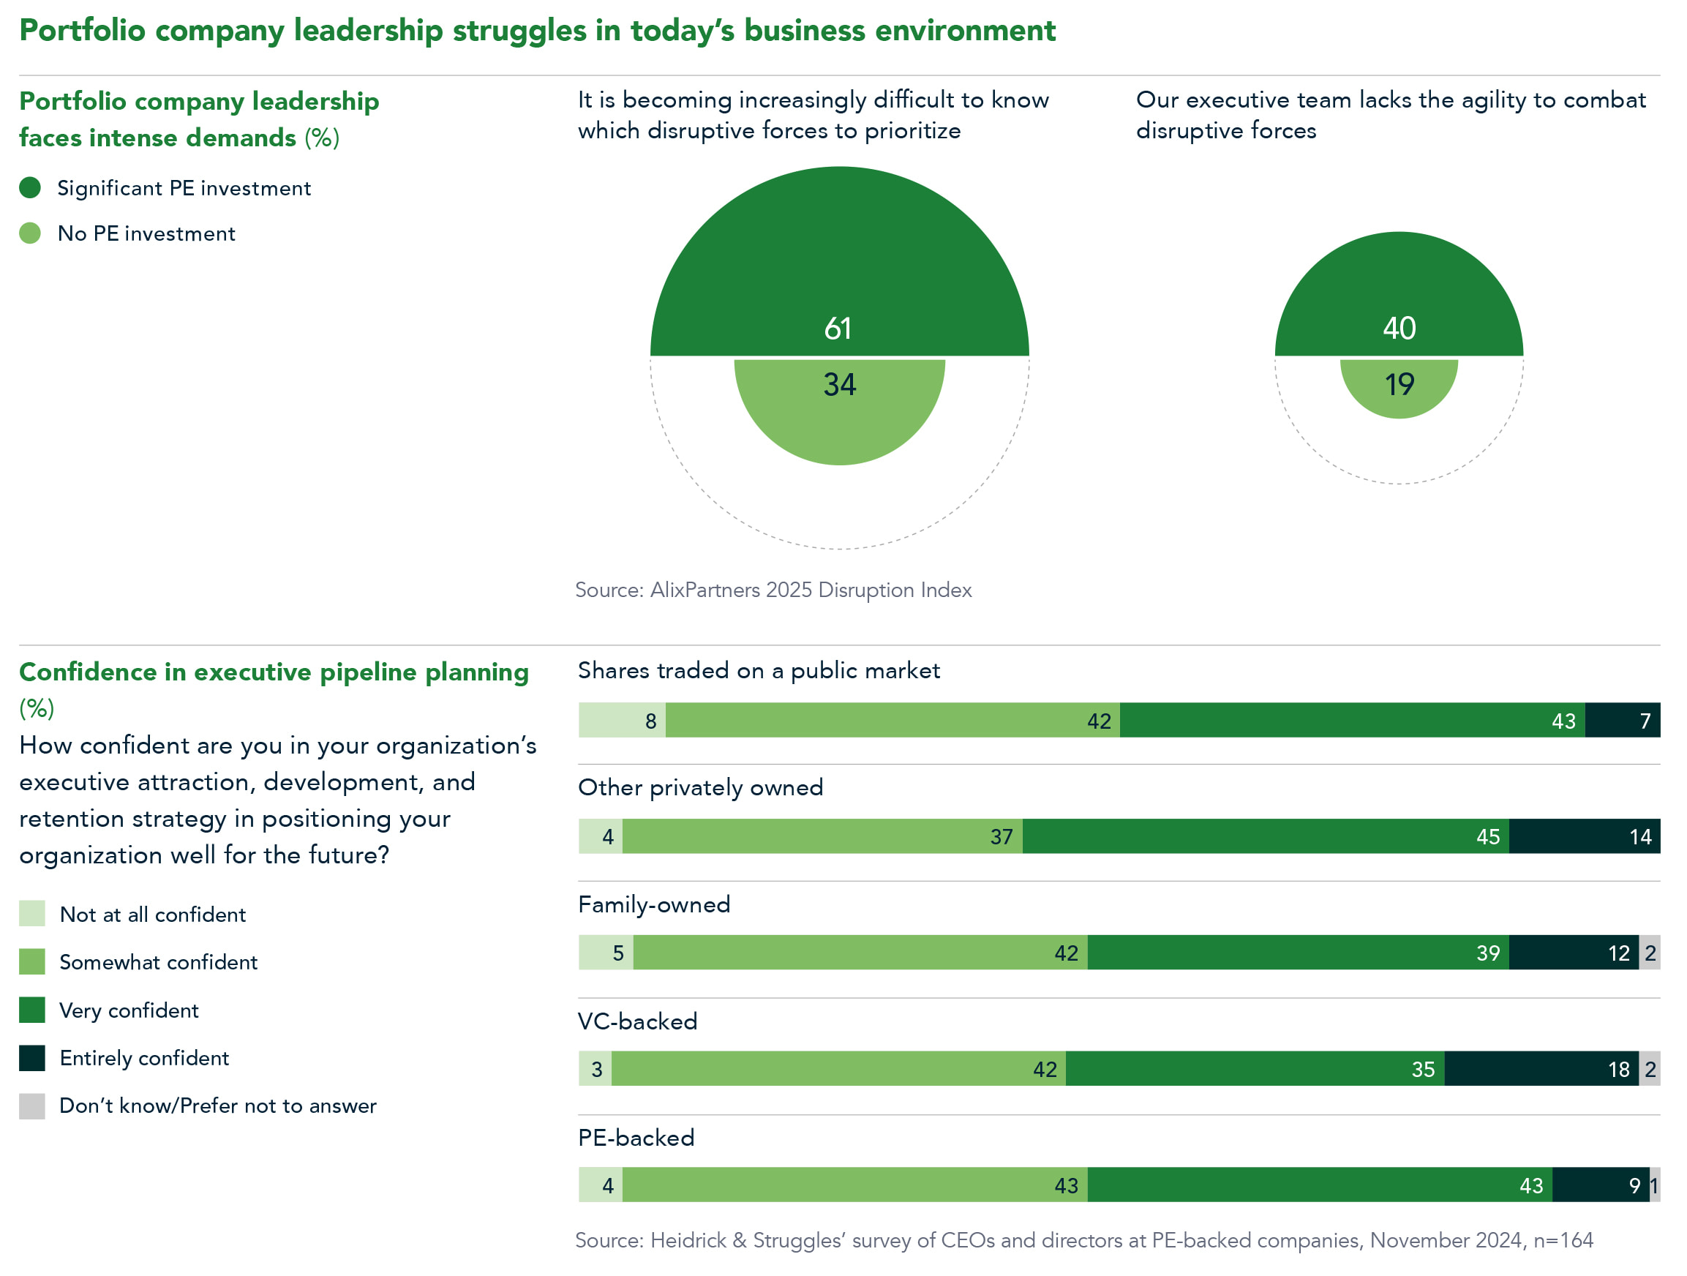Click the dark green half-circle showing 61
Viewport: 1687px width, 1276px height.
(x=839, y=267)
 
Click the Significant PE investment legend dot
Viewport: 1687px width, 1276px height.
(x=30, y=187)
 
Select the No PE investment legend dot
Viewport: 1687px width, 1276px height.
(x=30, y=233)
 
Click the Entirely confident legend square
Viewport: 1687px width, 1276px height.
(x=32, y=1058)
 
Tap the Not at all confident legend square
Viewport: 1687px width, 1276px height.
(x=32, y=914)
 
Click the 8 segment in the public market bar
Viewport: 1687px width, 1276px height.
(x=622, y=720)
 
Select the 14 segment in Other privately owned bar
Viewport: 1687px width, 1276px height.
(x=1583, y=836)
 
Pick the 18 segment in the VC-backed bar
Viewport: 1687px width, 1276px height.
(x=1541, y=1068)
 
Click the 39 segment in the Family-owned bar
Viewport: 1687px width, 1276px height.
(x=1297, y=953)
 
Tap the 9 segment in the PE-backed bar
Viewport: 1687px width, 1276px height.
(x=1600, y=1185)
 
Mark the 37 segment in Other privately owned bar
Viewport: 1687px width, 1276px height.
(x=822, y=836)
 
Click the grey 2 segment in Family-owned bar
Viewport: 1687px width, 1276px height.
(x=1649, y=953)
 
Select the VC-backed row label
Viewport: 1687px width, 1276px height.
(x=638, y=1021)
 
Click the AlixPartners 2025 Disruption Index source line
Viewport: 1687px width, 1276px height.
(x=773, y=590)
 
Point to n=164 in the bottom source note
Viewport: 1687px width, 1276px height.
(x=1563, y=1240)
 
